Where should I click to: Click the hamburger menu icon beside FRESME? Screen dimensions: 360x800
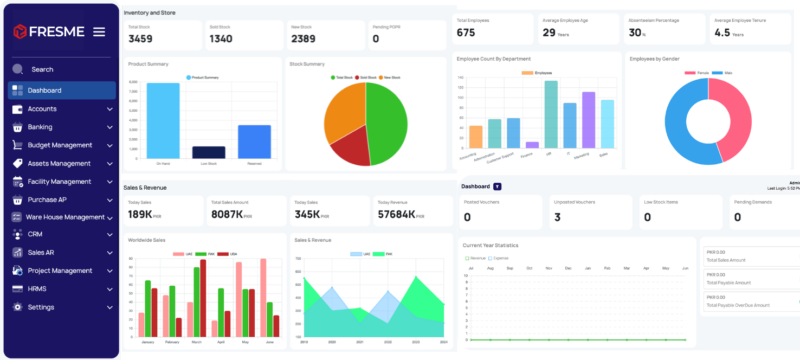point(99,32)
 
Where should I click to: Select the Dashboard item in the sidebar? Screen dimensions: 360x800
point(44,91)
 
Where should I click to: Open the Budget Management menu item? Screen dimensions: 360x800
point(60,145)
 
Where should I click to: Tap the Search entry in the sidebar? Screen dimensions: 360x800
point(42,69)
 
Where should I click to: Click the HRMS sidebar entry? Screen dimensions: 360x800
point(37,289)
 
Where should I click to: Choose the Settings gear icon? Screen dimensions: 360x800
point(17,307)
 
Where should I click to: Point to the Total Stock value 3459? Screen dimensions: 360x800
point(140,39)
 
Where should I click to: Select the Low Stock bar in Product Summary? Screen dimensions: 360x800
point(209,152)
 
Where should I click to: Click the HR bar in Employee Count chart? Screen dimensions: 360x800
point(551,114)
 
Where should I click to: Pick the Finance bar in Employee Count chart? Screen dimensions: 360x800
point(532,145)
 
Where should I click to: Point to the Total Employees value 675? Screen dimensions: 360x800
point(466,33)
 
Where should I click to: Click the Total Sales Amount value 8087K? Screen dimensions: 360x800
point(227,214)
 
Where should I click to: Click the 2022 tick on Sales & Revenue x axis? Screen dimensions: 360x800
point(388,342)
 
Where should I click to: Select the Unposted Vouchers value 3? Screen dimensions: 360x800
point(557,217)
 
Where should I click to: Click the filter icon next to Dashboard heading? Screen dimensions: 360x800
point(498,187)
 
